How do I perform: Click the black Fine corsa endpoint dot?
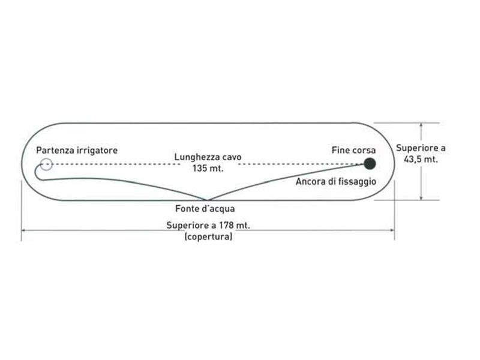(370, 163)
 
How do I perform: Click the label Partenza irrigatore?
(76, 150)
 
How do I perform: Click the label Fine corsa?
(353, 150)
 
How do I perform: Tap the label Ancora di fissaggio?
(335, 181)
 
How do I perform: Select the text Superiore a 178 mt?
(208, 226)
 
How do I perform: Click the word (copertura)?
(208, 237)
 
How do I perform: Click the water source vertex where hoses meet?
(207, 200)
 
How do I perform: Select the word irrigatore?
(97, 150)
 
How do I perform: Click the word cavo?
(231, 158)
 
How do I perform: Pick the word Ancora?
(310, 181)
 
